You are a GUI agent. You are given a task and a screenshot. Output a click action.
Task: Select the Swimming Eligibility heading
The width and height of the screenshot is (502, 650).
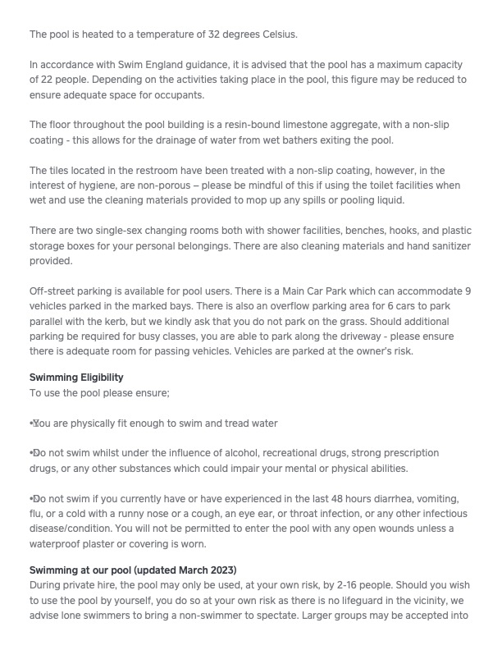(76, 378)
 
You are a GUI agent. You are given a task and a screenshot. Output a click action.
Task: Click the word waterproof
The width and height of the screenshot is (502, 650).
(58, 544)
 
